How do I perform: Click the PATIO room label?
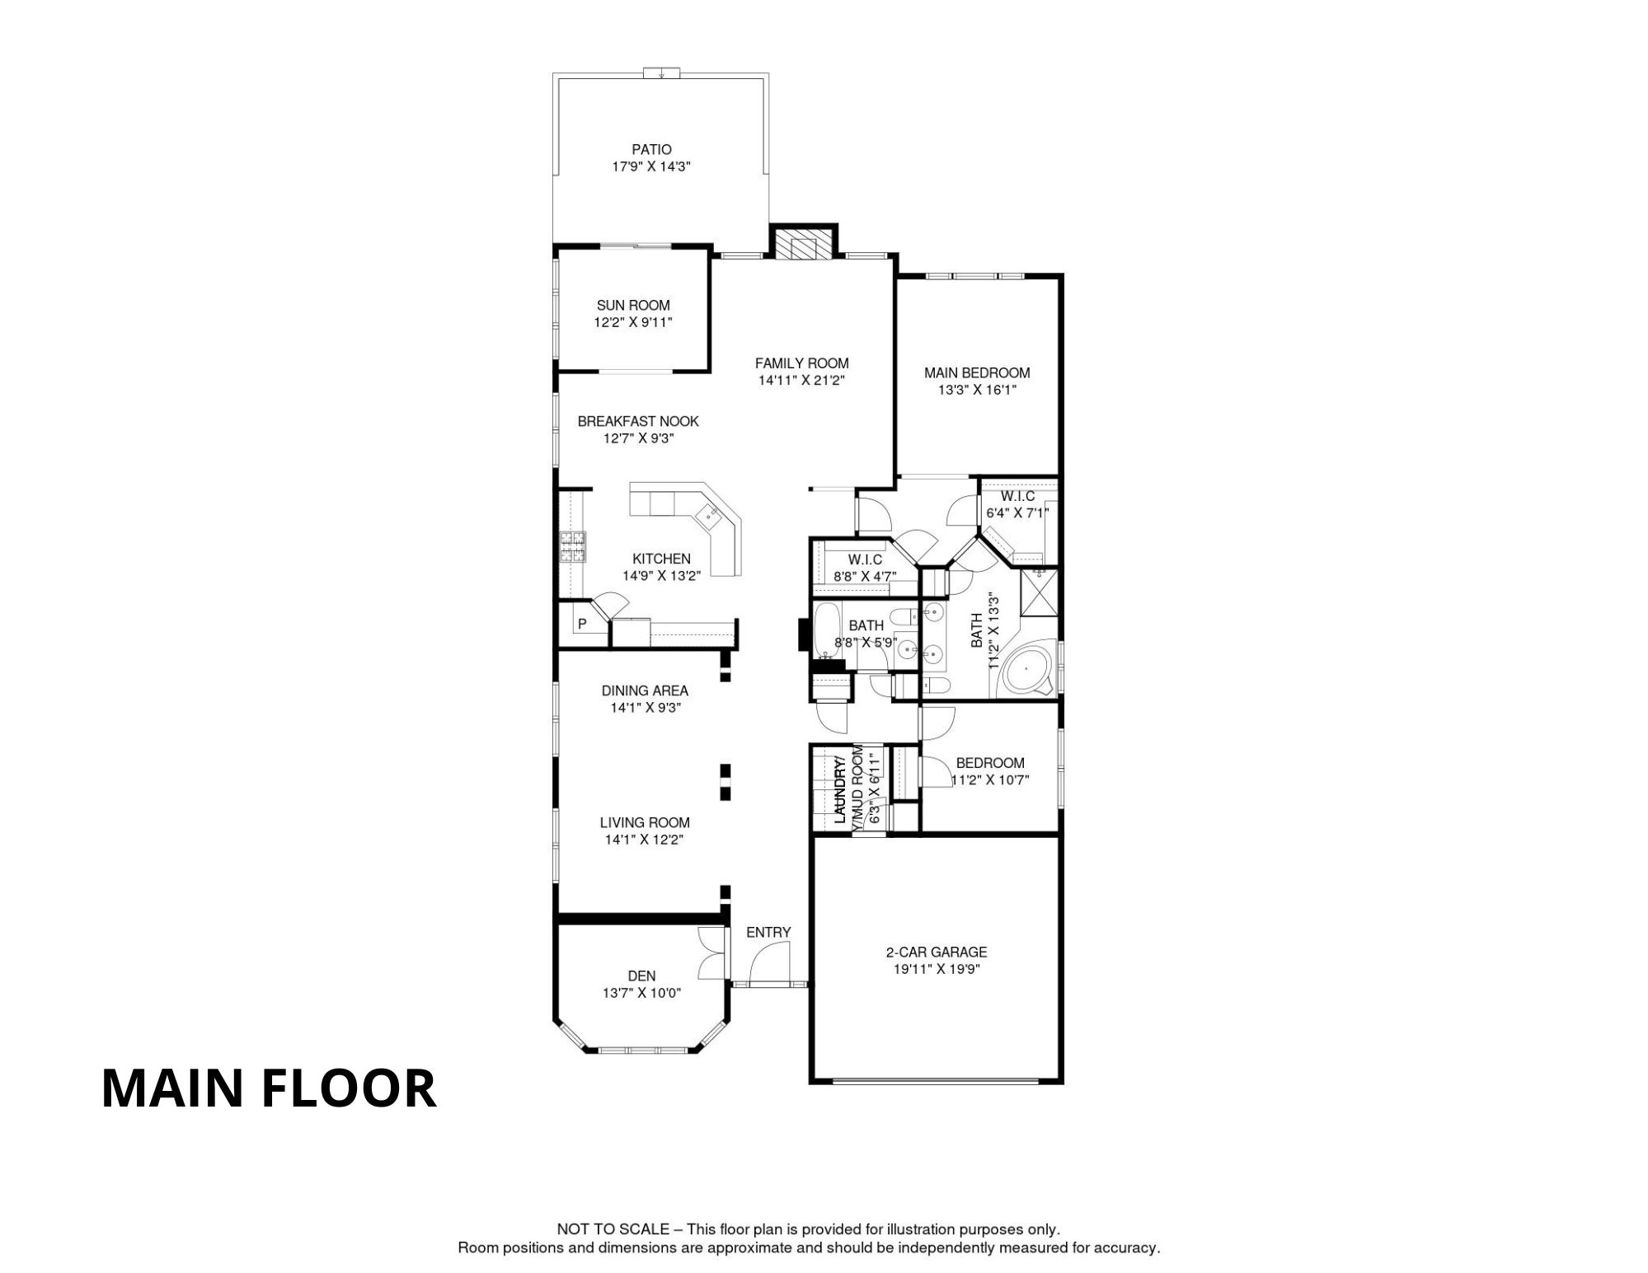click(651, 150)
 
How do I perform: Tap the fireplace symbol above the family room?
click(803, 246)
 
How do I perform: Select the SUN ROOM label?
click(633, 306)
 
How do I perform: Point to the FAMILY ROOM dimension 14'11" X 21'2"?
click(802, 381)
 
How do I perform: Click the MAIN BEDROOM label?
click(977, 373)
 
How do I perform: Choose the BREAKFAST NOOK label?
click(638, 422)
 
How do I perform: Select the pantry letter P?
click(582, 625)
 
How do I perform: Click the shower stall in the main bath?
click(1039, 592)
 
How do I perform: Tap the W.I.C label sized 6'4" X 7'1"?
click(1018, 497)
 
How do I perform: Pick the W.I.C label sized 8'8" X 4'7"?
click(865, 560)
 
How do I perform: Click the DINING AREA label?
click(645, 691)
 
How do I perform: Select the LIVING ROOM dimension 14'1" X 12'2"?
click(645, 840)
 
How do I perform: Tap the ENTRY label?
click(768, 933)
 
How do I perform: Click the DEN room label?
click(642, 976)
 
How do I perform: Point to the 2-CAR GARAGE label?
click(937, 952)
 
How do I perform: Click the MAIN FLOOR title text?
click(269, 1088)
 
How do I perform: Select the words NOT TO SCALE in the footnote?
click(613, 1229)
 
